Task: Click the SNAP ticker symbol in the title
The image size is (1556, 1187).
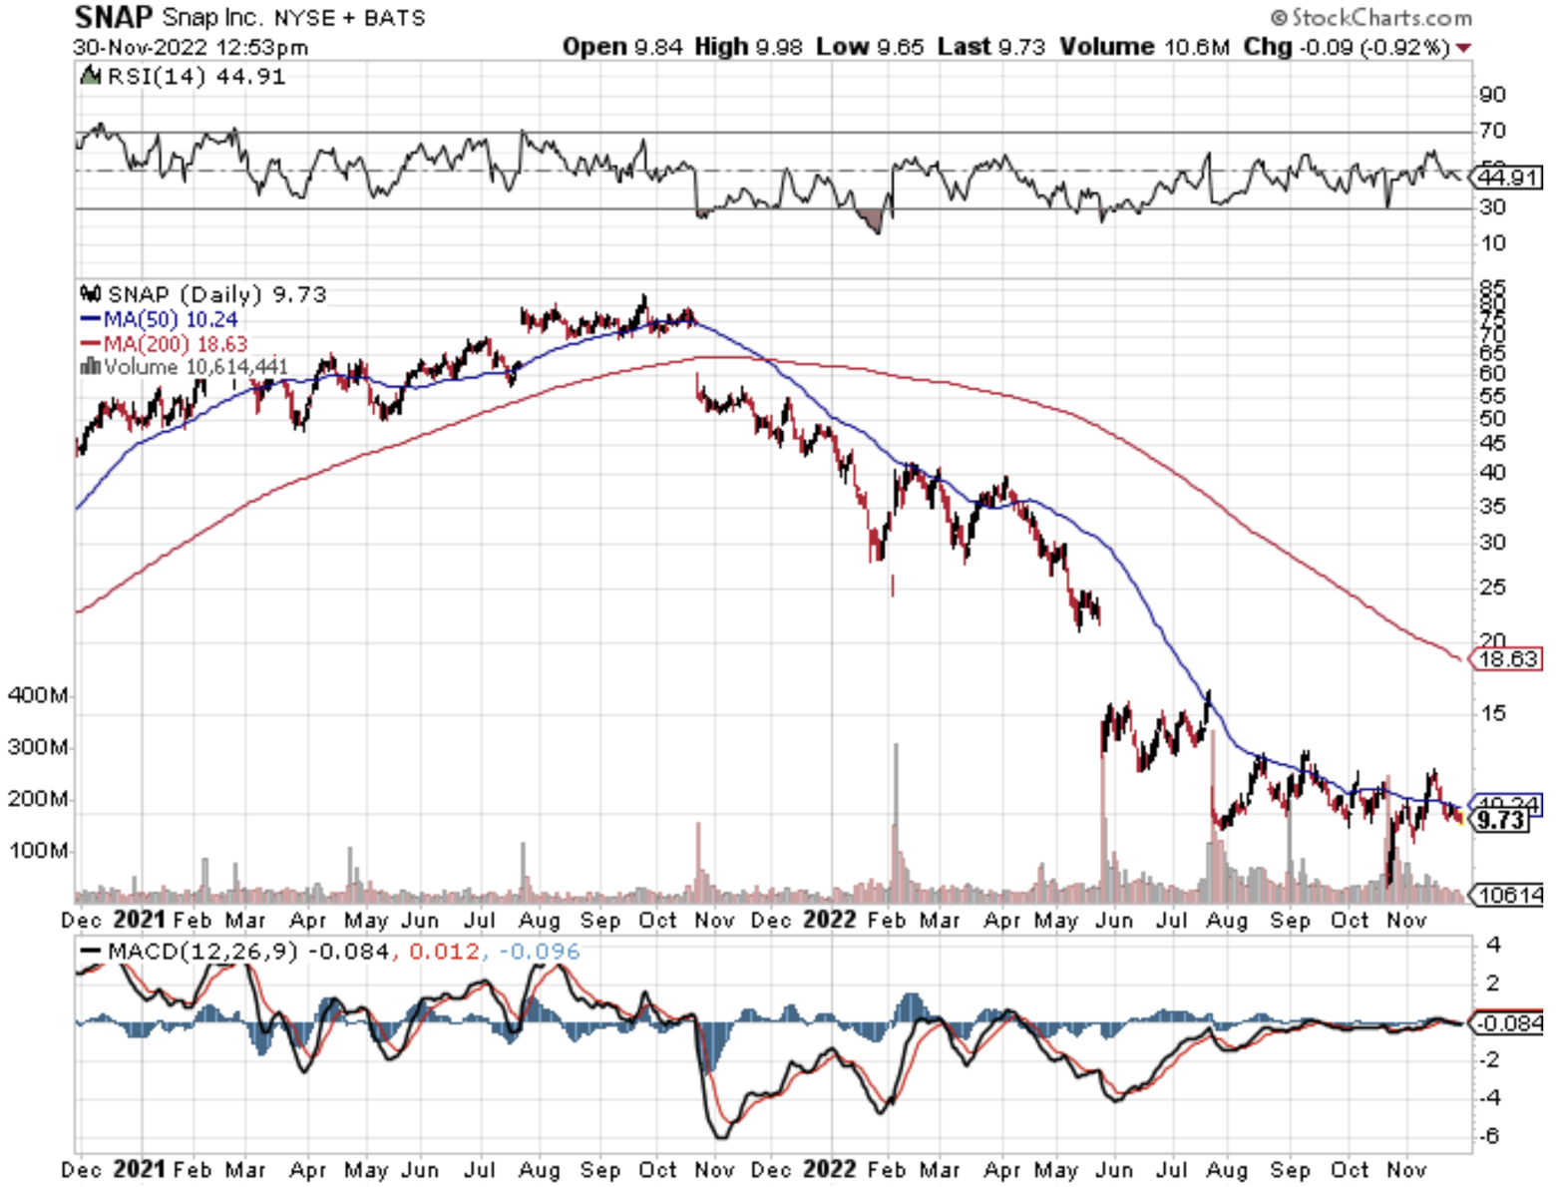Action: pos(114,17)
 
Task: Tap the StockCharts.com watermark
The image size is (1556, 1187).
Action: pos(1372,17)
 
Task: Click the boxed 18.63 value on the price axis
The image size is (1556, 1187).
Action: pos(1508,659)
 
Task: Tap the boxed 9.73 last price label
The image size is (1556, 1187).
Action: pos(1501,820)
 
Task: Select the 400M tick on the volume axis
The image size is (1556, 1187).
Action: pos(37,695)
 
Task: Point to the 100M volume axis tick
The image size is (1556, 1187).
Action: pos(37,851)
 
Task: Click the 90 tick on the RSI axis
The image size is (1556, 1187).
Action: pos(1493,95)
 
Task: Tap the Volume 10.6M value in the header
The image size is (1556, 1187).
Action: pos(1144,47)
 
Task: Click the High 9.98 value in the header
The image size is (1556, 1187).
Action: pos(748,47)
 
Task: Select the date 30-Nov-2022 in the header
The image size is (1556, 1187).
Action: pos(141,47)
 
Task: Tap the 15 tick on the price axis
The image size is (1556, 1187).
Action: pos(1493,713)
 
